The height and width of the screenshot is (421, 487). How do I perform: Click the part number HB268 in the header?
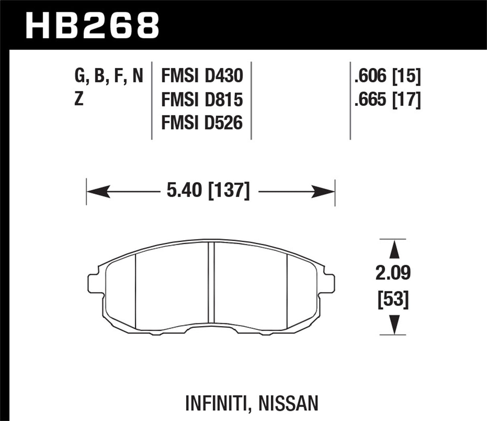pos(92,25)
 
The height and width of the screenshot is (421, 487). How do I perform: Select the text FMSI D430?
pos(202,75)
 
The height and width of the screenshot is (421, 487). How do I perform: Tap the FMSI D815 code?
pos(202,100)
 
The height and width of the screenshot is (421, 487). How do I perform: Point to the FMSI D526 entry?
pos(202,123)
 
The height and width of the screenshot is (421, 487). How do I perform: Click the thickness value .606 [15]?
pos(387,75)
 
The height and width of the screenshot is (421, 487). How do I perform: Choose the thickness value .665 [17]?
pos(387,100)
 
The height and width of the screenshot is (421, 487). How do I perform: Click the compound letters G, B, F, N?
pos(109,75)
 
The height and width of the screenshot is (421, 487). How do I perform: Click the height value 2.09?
pos(393,274)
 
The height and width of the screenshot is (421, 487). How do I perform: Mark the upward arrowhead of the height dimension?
pos(395,250)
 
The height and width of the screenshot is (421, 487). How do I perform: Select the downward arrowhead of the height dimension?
pos(395,324)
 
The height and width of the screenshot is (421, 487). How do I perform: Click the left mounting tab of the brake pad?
pos(93,283)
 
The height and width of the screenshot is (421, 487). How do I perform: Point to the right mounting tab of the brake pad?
pos(329,283)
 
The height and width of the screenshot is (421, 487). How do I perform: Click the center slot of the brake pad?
pos(211,283)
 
